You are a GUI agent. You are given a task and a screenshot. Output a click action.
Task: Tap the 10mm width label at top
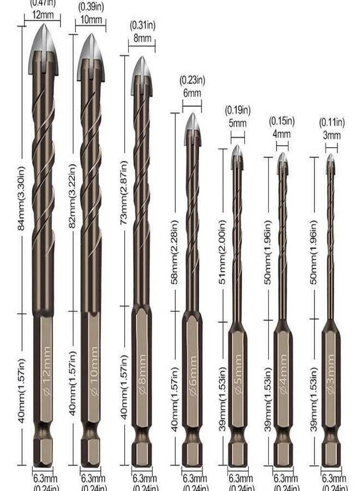point(91,20)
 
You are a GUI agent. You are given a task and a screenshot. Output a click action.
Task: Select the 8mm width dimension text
point(142,38)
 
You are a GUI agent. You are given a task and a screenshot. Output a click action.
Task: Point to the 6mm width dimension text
point(192,93)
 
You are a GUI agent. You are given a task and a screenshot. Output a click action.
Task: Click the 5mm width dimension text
point(237,124)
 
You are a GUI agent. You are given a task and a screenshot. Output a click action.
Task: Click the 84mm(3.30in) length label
point(22,197)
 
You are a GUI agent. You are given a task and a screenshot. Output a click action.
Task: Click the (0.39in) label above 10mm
point(91,7)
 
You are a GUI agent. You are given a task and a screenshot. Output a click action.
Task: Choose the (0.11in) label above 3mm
point(332,122)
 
